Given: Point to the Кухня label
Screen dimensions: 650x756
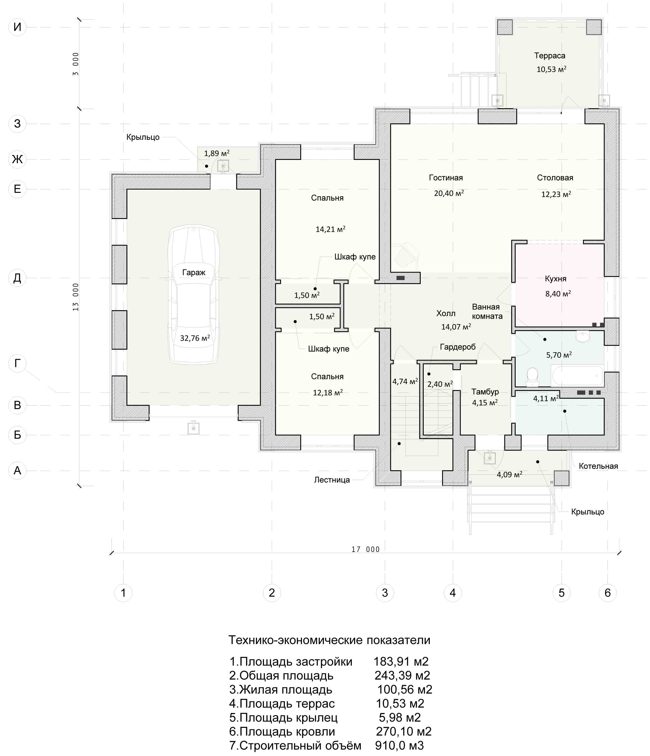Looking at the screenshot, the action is pyautogui.click(x=555, y=279).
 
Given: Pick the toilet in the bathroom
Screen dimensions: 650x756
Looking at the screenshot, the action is pyautogui.click(x=533, y=377).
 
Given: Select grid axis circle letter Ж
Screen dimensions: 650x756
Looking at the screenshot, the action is pyautogui.click(x=17, y=159).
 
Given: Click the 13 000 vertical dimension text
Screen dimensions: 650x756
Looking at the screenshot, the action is pyautogui.click(x=75, y=297).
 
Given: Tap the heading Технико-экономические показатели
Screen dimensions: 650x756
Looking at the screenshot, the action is pyautogui.click(x=329, y=640).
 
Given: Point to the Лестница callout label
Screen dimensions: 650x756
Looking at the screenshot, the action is pyautogui.click(x=332, y=480).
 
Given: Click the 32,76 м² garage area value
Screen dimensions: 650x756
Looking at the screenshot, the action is pyautogui.click(x=195, y=338).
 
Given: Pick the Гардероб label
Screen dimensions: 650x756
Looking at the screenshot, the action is pyautogui.click(x=458, y=347).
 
